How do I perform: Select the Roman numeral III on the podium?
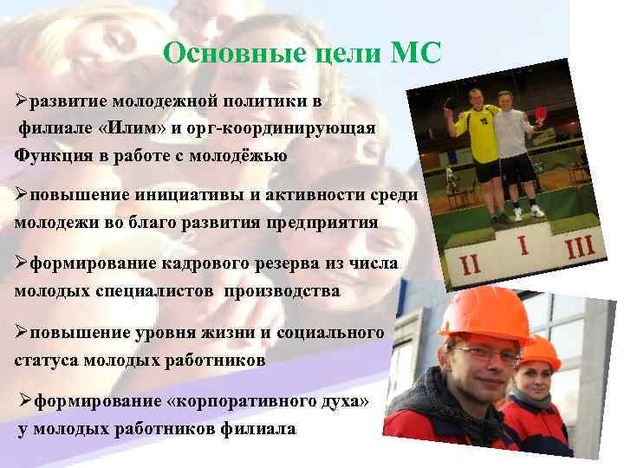coord(579,250)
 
